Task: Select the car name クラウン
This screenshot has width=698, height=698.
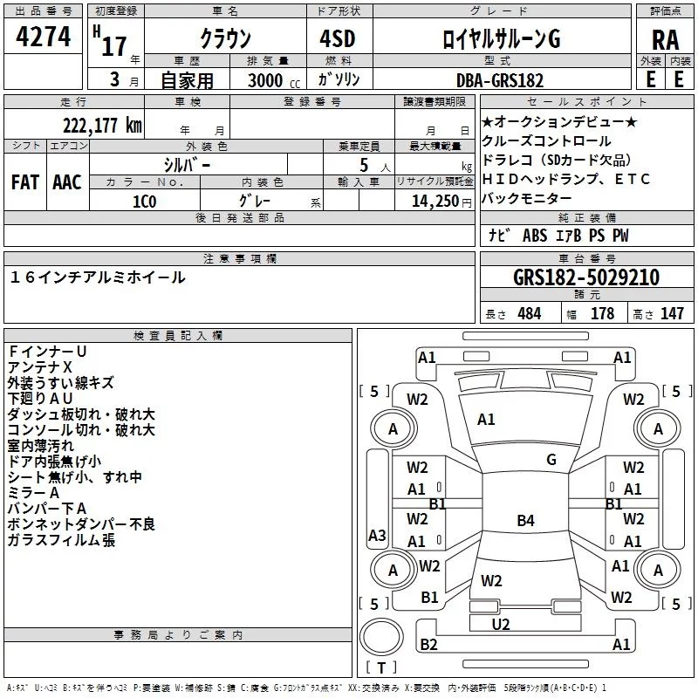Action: (x=225, y=38)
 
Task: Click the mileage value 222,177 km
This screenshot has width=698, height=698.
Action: (x=101, y=125)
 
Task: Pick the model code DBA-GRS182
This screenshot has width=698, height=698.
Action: (x=499, y=80)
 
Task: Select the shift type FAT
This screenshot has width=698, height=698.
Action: (x=24, y=182)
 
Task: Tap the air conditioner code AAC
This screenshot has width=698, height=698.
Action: (x=67, y=182)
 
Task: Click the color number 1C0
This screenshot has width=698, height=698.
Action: (x=144, y=200)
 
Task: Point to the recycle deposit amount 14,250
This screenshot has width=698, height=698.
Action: (x=428, y=200)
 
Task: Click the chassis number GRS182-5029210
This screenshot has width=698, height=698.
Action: (x=586, y=277)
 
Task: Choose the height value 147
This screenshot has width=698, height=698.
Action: (x=672, y=313)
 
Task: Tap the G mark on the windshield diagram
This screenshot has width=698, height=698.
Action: (x=551, y=460)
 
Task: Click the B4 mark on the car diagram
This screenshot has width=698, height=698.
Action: (x=525, y=521)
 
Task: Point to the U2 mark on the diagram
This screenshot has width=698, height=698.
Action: (x=501, y=624)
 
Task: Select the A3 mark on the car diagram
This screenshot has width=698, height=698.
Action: (x=377, y=535)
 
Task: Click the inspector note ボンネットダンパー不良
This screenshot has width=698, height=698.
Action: (x=81, y=524)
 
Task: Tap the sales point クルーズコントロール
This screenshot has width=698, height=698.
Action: (x=547, y=141)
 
